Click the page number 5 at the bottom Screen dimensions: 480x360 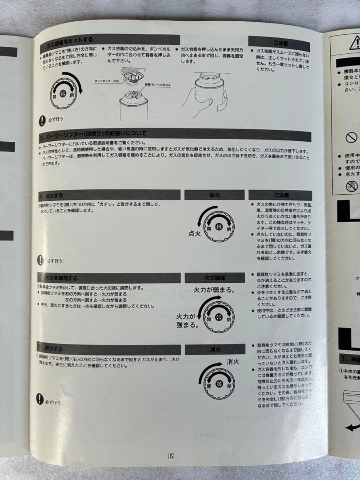click(171, 455)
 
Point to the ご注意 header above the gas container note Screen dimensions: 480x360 click(280, 44)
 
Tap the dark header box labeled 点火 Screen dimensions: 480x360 click(215, 195)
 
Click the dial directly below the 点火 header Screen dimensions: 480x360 click(218, 226)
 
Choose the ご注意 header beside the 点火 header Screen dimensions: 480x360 click(280, 195)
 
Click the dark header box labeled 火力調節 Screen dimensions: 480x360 click(215, 278)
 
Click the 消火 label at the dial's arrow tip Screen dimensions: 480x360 click(233, 361)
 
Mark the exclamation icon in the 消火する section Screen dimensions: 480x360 click(40, 399)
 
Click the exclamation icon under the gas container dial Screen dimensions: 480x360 click(42, 120)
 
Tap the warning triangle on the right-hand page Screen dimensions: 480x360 click(355, 43)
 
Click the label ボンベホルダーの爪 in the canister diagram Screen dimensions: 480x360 click(108, 81)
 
